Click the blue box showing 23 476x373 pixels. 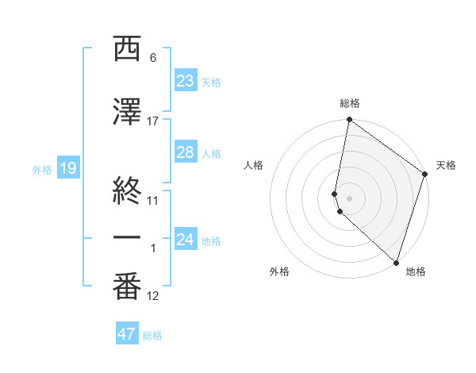pos(186,81)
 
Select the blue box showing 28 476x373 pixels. pos(186,152)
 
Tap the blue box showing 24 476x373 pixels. pos(186,240)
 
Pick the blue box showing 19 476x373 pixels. pos(67,168)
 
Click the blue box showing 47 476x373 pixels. pos(127,334)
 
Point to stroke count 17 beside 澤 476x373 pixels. pos(153,121)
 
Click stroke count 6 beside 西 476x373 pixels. pos(152,58)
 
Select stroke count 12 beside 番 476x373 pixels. pos(153,297)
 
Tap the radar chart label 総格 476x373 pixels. pos(350,103)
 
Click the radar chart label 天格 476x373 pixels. pos(446,165)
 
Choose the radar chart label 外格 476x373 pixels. pos(279,271)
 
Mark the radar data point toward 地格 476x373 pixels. pos(396,262)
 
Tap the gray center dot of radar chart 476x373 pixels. pos(350,198)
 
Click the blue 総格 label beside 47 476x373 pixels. pos(152,336)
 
